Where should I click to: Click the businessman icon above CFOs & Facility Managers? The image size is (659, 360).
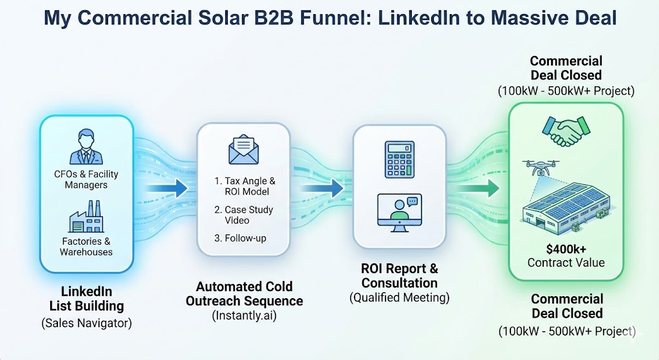pyautogui.click(x=86, y=146)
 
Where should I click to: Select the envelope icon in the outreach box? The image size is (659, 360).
pyautogui.click(x=245, y=151)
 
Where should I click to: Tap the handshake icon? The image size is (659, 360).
pyautogui.click(x=566, y=131)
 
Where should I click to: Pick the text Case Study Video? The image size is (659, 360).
pyautogui.click(x=245, y=215)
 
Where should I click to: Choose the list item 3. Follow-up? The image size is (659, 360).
pyautogui.click(x=240, y=238)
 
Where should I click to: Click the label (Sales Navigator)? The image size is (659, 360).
pyautogui.click(x=86, y=323)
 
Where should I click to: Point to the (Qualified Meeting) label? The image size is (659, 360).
pyautogui.click(x=399, y=298)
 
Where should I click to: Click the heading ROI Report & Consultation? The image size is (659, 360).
pyautogui.click(x=399, y=276)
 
